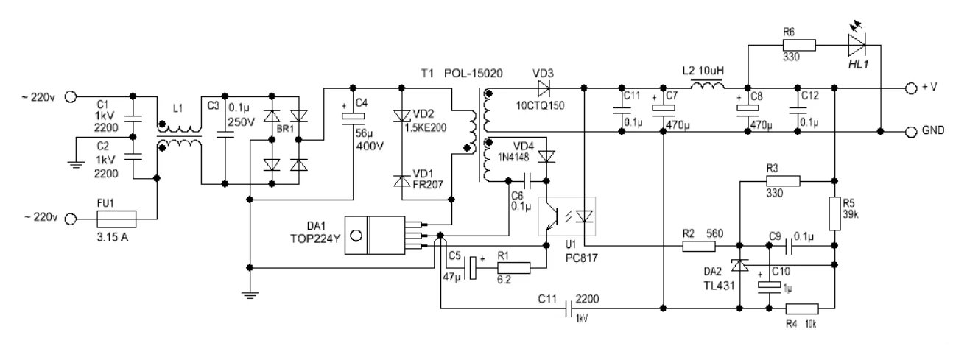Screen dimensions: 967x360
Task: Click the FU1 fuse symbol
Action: click(116, 219)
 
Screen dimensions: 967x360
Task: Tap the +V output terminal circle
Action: click(911, 88)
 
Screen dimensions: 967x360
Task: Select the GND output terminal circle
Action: click(911, 132)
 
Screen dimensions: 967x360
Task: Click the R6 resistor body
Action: click(799, 46)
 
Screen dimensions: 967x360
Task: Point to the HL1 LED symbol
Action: click(857, 45)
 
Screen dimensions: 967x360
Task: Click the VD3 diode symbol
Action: click(544, 88)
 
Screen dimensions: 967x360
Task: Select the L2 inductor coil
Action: click(708, 86)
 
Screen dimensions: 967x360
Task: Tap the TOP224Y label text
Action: click(315, 239)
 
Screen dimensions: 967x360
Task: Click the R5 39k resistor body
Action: click(835, 213)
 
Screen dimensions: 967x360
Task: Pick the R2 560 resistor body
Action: click(699, 247)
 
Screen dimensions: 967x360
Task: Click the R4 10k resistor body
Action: click(802, 308)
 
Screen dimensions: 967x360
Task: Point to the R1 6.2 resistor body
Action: click(514, 268)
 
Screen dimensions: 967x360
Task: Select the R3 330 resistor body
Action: click(783, 181)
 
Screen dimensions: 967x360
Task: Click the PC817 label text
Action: click(582, 258)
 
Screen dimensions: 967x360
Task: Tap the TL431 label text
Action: click(720, 286)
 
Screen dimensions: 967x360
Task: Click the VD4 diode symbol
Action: click(547, 157)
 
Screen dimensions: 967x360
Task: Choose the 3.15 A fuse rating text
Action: click(112, 237)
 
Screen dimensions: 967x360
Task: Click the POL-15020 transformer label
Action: click(474, 74)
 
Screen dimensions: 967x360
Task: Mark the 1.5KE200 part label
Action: click(426, 128)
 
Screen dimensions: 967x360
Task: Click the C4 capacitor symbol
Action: click(353, 116)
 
